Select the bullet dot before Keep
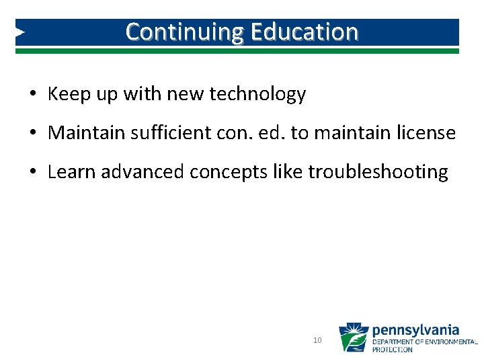tap(32, 95)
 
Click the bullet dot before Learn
tap(32, 172)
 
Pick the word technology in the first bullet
tap(257, 95)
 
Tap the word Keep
tap(66, 95)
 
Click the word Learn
tap(72, 172)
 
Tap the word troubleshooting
tap(378, 172)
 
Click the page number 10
tap(318, 341)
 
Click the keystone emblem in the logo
tap(354, 337)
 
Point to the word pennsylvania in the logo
tap(415, 330)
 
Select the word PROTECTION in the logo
tap(393, 350)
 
